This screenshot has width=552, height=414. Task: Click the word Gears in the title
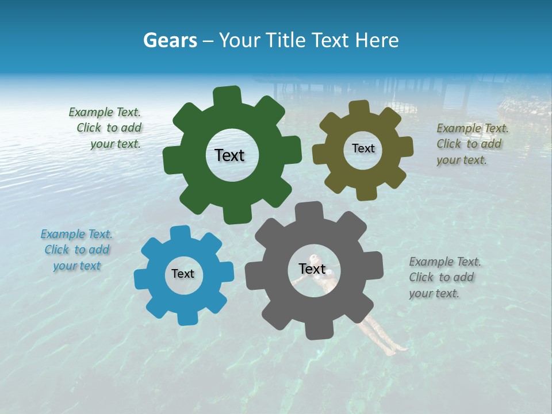tap(170, 40)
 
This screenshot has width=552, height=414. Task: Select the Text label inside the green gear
tap(229, 155)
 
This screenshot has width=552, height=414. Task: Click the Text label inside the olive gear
tap(363, 148)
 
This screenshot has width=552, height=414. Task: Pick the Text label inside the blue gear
tap(183, 274)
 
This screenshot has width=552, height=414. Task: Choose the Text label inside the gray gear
tap(312, 269)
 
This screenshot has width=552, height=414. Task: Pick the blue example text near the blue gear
tap(77, 250)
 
